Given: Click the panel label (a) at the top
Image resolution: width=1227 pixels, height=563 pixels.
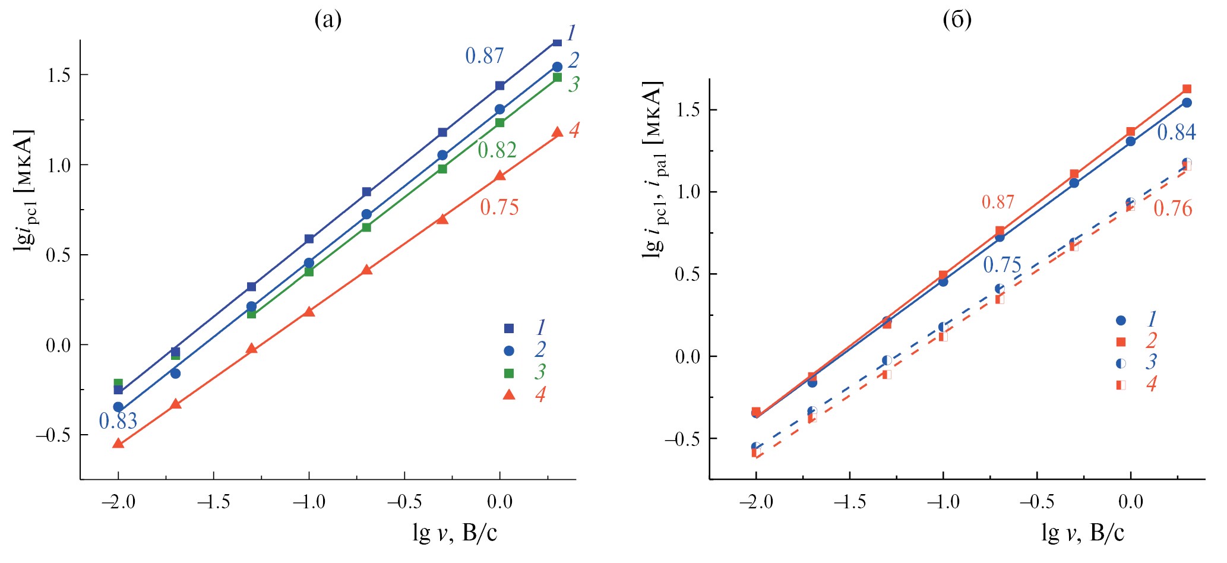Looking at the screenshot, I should (x=328, y=20).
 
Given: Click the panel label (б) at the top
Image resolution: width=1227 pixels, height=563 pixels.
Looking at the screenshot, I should (x=957, y=20).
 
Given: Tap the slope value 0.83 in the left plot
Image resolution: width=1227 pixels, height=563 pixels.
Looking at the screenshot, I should (x=118, y=421).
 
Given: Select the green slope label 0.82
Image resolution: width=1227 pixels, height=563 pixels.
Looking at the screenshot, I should (x=497, y=150).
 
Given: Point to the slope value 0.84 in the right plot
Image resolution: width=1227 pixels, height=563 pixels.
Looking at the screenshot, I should (x=1176, y=132).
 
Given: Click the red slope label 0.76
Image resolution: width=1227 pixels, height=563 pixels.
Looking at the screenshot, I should (x=1172, y=208).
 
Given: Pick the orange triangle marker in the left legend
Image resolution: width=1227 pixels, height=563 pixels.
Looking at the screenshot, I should (x=509, y=394).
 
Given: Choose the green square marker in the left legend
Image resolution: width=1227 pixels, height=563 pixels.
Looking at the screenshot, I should (x=509, y=373).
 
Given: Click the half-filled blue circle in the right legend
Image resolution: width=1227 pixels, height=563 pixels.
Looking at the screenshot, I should (x=1121, y=363).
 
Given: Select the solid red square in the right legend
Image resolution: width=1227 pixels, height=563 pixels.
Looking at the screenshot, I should (x=1121, y=341).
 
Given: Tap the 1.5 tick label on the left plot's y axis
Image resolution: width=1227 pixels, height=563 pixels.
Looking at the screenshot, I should (x=58, y=75).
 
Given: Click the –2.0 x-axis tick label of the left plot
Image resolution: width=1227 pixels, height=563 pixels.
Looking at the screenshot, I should (x=118, y=502).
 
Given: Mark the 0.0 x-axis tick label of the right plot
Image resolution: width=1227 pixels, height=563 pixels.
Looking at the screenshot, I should (x=1130, y=502).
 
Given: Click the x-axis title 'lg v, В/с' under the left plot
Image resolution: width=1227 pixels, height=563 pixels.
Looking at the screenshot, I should (x=455, y=533).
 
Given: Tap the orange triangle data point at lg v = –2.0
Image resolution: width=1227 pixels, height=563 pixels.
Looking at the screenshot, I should (x=118, y=443).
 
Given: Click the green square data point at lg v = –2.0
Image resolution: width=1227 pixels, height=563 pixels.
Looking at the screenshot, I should (x=118, y=383).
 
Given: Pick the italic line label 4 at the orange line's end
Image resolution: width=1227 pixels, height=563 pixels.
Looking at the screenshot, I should (x=574, y=130).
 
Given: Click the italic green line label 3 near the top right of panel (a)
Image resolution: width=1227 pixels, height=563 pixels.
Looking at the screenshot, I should (x=573, y=84).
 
